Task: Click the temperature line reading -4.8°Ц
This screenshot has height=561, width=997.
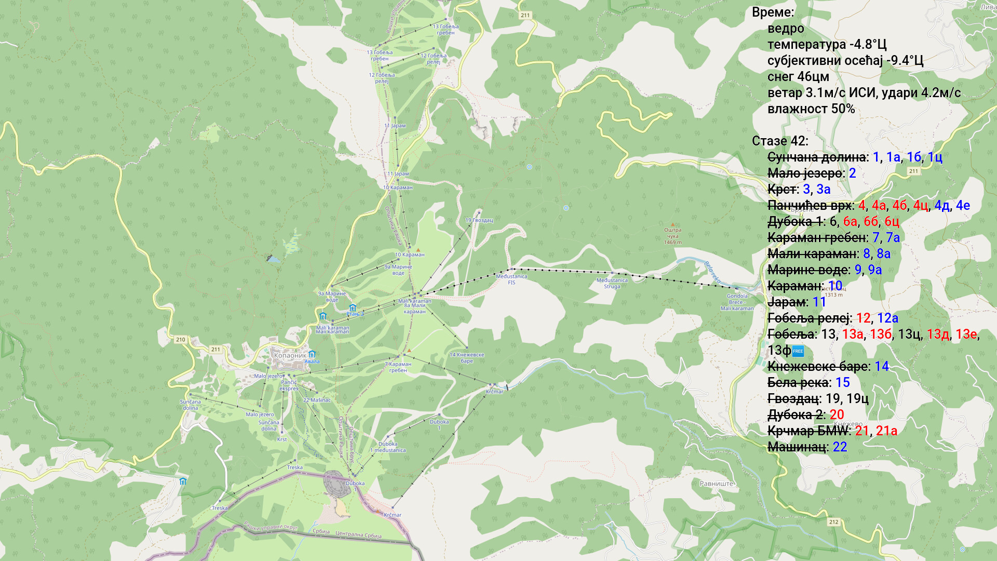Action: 827,45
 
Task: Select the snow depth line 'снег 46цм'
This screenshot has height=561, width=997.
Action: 798,77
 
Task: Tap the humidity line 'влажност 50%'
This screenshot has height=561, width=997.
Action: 811,109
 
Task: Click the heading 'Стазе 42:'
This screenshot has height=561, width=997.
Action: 779,141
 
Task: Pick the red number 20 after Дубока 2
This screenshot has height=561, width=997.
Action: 837,415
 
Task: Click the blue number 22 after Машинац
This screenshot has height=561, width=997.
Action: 840,447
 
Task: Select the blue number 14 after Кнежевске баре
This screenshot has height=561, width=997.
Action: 881,366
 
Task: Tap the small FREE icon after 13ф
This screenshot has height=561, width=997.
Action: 798,351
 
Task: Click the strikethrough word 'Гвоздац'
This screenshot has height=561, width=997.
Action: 794,398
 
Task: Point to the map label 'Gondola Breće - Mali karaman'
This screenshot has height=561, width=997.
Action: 737,302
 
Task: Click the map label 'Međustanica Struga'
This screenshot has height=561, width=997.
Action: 612,283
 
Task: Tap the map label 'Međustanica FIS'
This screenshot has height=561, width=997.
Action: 511,279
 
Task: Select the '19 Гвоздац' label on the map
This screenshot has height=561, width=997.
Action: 479,220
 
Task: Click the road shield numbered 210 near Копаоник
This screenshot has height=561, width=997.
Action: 180,340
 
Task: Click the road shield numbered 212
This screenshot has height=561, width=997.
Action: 833,522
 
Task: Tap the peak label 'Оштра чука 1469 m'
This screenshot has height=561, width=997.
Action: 672,236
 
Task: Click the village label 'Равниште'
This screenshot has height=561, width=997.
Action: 716,484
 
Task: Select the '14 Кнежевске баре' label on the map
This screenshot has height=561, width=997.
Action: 466,358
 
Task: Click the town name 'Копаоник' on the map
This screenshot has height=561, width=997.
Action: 290,356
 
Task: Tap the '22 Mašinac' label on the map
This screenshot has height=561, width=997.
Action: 317,400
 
